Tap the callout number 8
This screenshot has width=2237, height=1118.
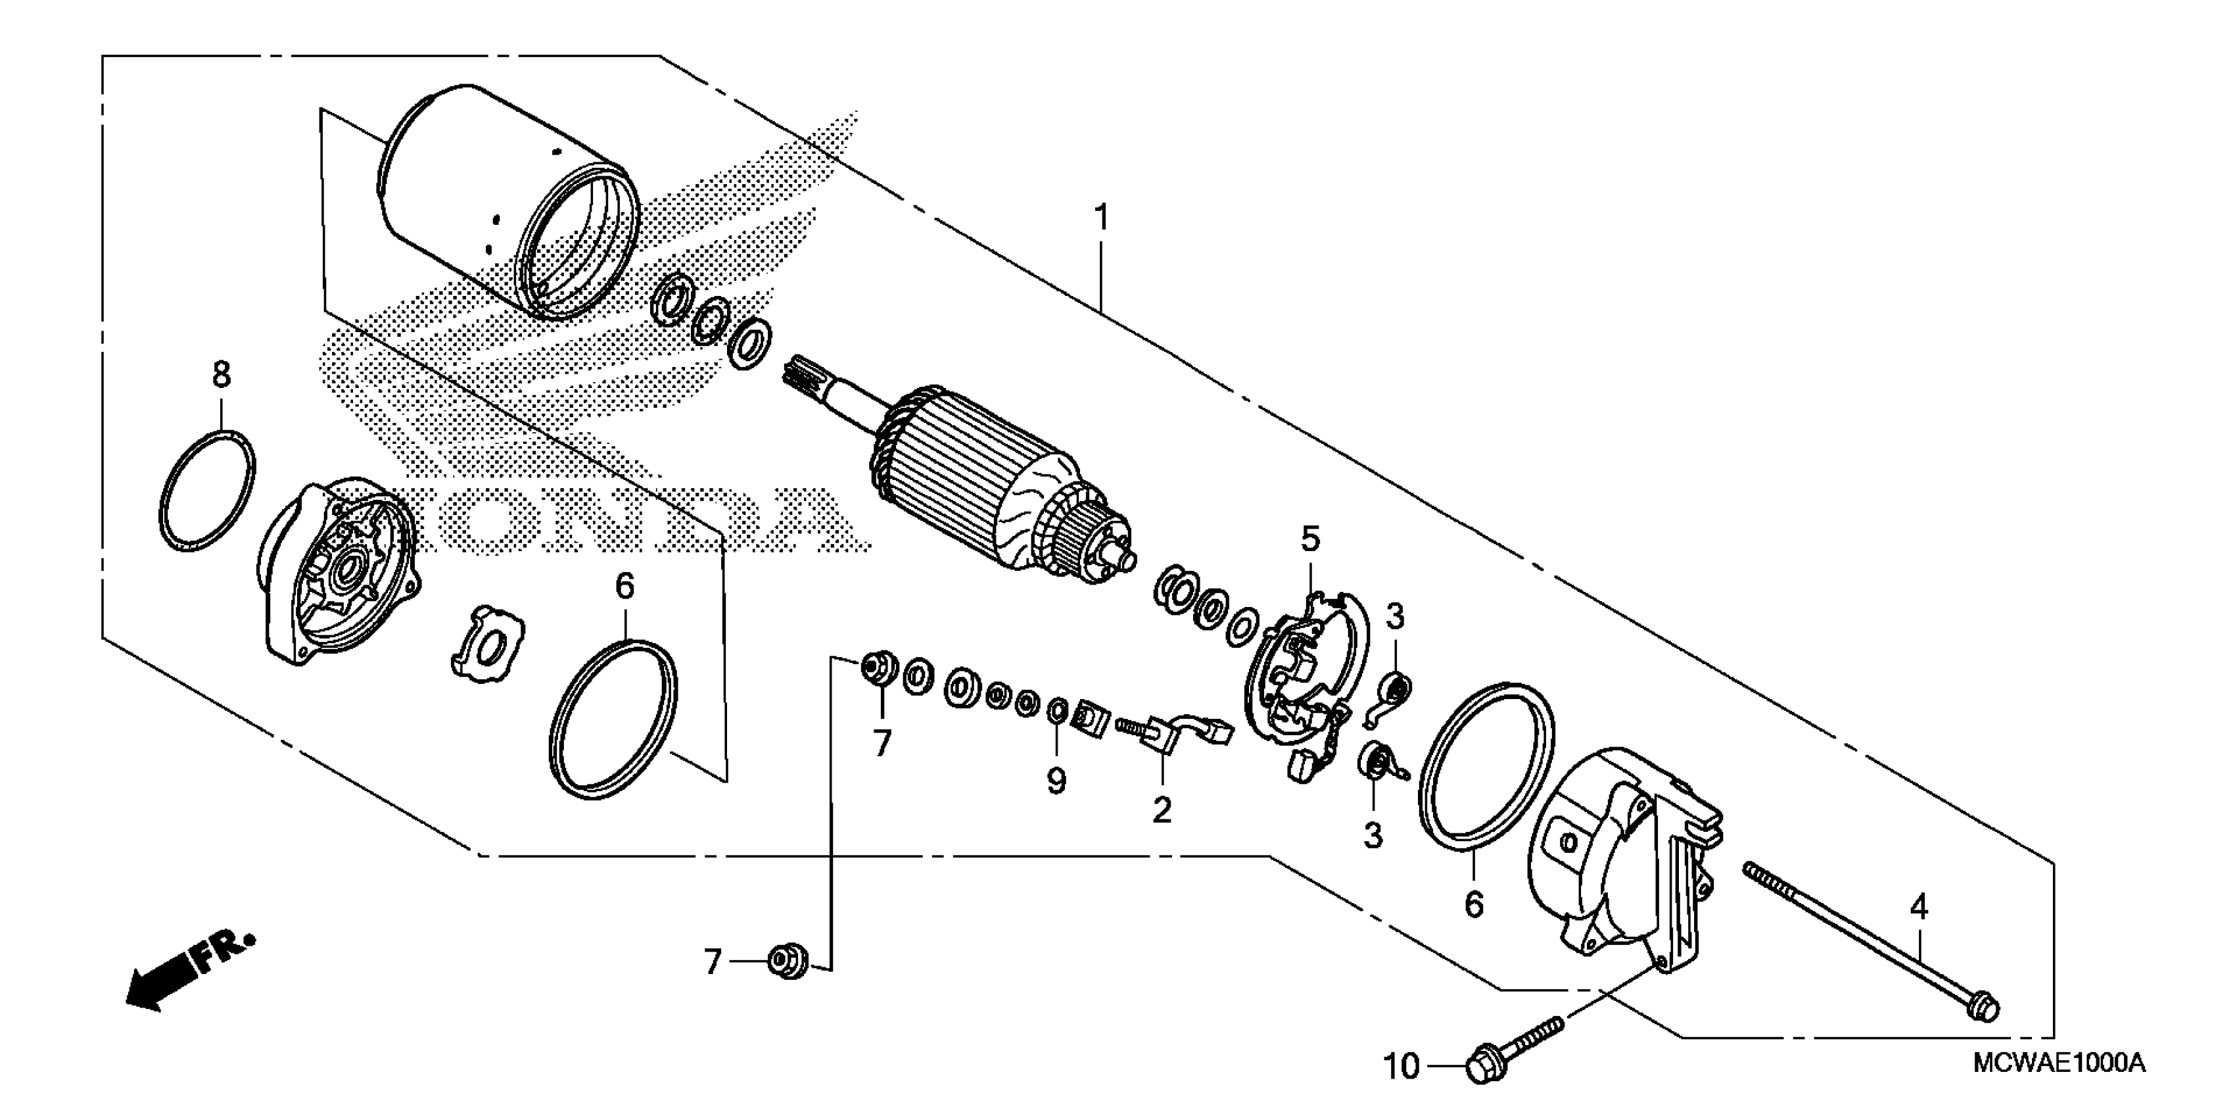tap(222, 376)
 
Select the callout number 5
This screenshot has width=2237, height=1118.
tap(1309, 539)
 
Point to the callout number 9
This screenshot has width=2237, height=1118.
tap(1056, 782)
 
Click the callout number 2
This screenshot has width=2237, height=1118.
tap(1162, 810)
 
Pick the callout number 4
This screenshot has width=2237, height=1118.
tap(1918, 908)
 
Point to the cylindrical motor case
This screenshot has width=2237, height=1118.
tap(508, 204)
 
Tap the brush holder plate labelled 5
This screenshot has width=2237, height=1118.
tap(1303, 687)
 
